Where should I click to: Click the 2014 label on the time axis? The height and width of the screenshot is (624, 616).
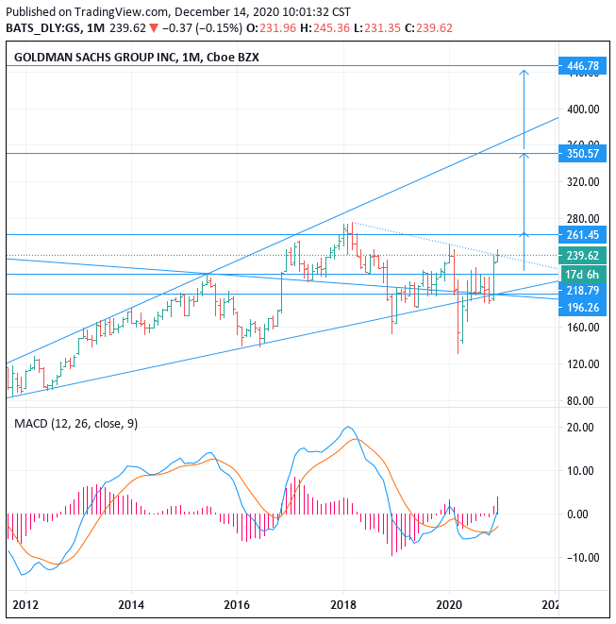tap(131, 604)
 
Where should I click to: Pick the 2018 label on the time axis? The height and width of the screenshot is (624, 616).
tap(343, 604)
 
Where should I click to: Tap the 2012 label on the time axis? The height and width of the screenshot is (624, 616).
tap(25, 604)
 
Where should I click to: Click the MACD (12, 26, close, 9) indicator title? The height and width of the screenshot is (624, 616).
tap(75, 423)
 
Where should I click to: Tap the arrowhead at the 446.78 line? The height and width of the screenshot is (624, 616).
tap(524, 71)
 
